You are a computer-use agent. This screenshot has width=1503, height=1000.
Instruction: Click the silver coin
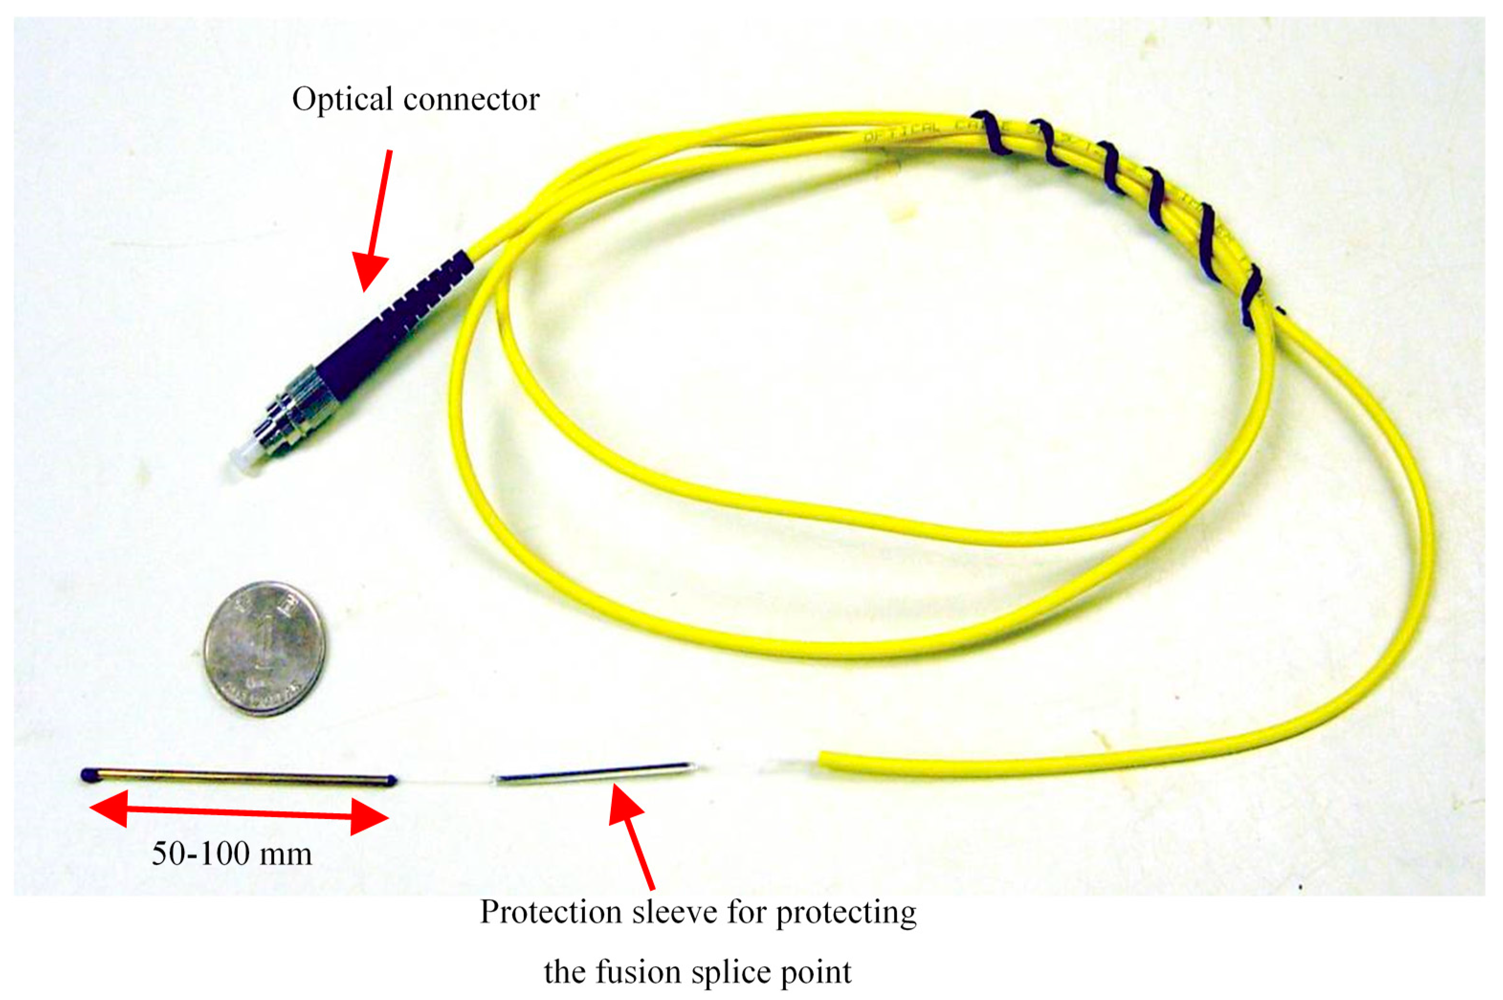264,648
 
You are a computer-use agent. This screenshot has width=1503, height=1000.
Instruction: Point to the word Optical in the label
342,100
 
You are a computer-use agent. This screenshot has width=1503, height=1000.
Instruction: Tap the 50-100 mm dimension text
232,853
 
